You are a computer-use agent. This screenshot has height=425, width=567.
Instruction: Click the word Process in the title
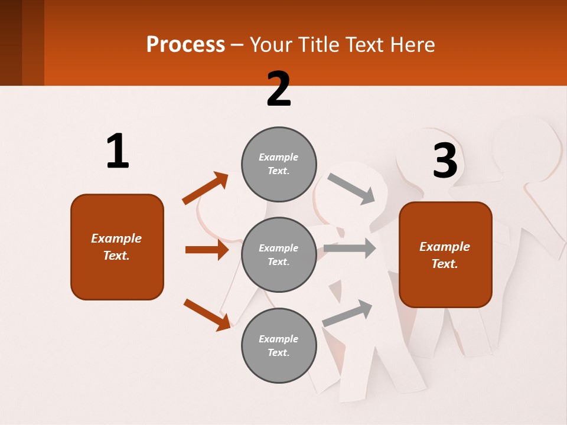185,45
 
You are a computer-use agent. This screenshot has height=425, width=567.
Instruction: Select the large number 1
118,152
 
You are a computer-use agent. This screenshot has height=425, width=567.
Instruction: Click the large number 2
279,89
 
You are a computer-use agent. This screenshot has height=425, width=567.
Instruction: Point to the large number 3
445,161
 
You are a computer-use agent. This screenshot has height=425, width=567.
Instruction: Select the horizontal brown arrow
207,250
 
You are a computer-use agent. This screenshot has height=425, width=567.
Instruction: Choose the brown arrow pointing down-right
207,315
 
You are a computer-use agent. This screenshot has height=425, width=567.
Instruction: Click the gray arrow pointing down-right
351,189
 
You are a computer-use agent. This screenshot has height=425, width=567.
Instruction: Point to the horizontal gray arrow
350,249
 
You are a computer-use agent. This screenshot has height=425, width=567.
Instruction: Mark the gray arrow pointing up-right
347,313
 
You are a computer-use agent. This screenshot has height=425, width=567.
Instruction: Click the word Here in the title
413,45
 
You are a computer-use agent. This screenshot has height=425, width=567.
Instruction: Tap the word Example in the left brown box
116,238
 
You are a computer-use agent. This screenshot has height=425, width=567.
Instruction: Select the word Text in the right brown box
444,264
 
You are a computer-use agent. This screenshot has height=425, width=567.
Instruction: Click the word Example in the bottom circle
278,339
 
